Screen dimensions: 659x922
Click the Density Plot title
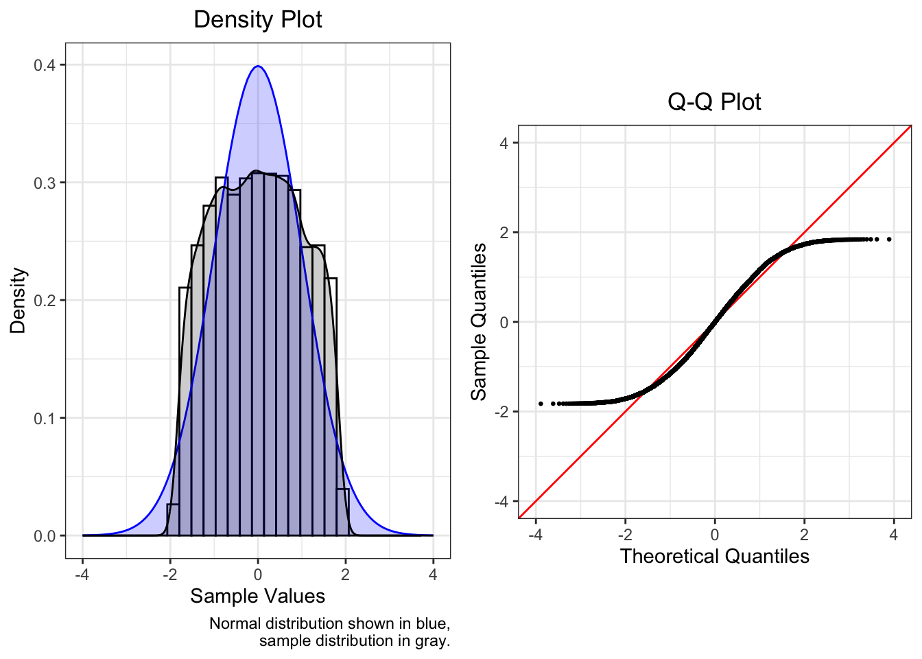click(x=258, y=19)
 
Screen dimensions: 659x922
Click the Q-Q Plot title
click(x=714, y=102)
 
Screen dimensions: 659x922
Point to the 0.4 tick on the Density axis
click(x=47, y=65)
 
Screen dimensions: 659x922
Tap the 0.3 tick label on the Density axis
click(x=47, y=183)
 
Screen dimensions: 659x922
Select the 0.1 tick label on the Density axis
click(x=47, y=418)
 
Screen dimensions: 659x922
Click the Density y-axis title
click(x=18, y=301)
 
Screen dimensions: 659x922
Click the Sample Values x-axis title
click(x=258, y=596)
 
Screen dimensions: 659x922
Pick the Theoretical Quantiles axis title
click(x=714, y=556)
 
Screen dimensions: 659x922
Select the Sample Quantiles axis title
click(x=478, y=321)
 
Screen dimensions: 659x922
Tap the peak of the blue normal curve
click(x=258, y=67)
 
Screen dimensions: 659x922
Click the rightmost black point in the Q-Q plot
click(x=889, y=239)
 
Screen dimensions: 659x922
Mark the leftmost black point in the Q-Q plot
click(x=541, y=404)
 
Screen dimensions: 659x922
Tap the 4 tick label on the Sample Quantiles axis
click(x=504, y=143)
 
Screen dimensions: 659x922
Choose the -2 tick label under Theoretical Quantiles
click(x=624, y=535)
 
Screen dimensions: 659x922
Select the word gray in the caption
click(x=432, y=640)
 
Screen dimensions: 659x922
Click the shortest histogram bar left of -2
click(x=173, y=520)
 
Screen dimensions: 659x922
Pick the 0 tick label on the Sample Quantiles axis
click(x=504, y=322)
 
